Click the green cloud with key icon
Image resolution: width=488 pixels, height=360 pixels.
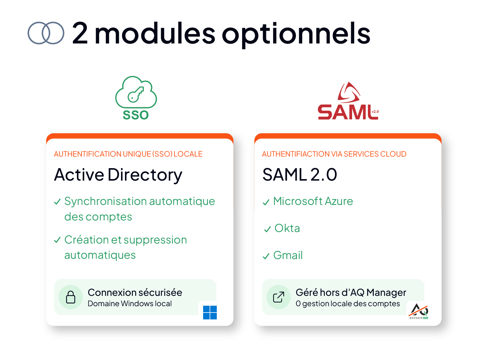pyautogui.click(x=136, y=92)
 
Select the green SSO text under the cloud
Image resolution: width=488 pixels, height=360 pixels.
pyautogui.click(x=136, y=115)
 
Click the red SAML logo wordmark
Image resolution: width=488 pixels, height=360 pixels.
pyautogui.click(x=348, y=112)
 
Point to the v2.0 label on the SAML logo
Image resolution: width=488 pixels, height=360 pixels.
pyautogui.click(x=375, y=112)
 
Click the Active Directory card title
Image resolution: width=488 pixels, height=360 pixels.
pyautogui.click(x=118, y=175)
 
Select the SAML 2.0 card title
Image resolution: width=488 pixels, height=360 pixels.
pyautogui.click(x=299, y=175)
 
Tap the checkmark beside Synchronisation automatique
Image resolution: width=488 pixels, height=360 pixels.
pyautogui.click(x=57, y=202)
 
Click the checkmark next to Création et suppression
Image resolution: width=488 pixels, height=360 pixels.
pyautogui.click(x=57, y=240)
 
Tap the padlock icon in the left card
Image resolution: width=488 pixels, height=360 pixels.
pyautogui.click(x=71, y=297)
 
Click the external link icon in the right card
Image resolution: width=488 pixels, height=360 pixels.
pyautogui.click(x=279, y=297)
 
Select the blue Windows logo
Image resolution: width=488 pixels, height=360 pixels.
pyautogui.click(x=210, y=313)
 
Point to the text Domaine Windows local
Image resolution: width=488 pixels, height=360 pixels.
pyautogui.click(x=130, y=303)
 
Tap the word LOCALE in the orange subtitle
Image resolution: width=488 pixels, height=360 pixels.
pyautogui.click(x=188, y=154)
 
